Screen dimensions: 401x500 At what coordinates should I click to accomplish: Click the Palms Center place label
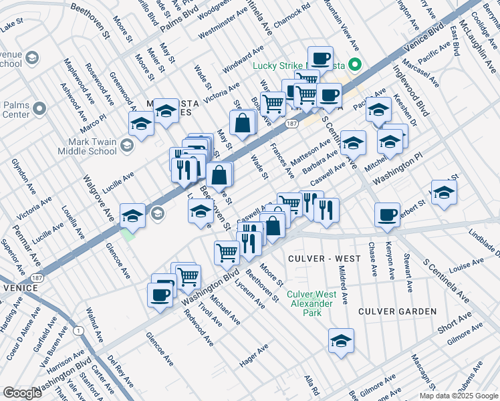(16, 109)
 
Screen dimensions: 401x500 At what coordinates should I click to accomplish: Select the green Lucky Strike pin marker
(356, 65)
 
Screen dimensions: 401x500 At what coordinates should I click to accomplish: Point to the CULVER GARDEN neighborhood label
(397, 311)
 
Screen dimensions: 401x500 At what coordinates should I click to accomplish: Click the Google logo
(22, 393)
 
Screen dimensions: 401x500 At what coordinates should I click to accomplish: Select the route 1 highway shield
(78, 330)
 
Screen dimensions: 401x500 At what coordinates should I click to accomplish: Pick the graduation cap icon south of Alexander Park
(341, 340)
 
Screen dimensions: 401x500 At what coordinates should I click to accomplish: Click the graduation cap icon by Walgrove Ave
(133, 215)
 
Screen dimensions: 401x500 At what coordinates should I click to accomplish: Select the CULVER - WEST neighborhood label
(315, 258)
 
